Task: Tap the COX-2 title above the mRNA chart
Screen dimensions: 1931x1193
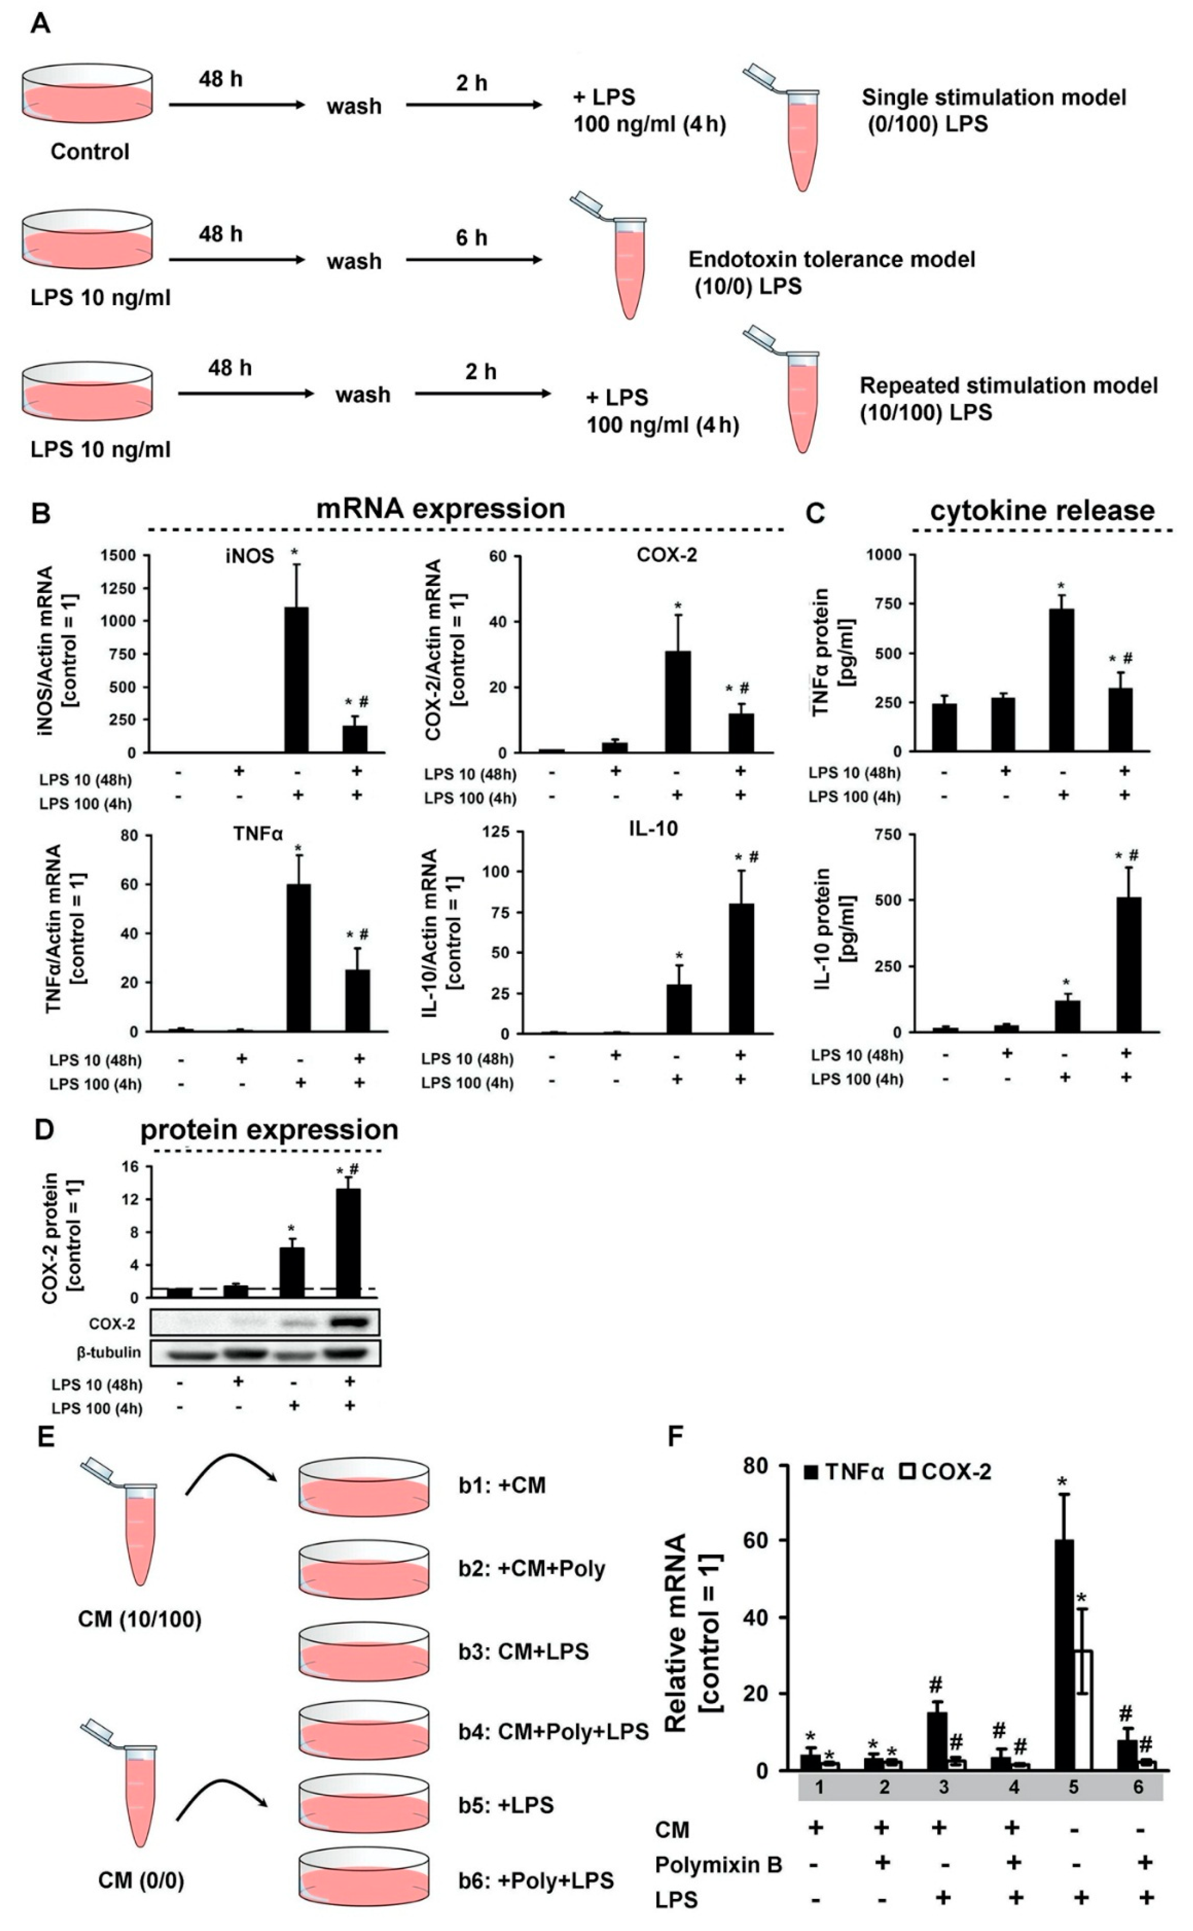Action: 667,555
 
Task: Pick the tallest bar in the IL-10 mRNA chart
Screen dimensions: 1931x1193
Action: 741,968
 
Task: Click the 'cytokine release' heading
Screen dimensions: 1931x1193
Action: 1042,511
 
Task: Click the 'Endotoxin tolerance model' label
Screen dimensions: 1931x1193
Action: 832,260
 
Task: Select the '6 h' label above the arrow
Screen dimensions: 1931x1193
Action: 471,237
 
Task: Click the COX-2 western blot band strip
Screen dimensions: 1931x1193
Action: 265,1322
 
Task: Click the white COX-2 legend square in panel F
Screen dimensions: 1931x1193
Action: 907,1472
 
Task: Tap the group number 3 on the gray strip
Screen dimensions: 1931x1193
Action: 944,1787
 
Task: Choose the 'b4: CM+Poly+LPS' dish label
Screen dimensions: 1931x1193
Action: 553,1731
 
